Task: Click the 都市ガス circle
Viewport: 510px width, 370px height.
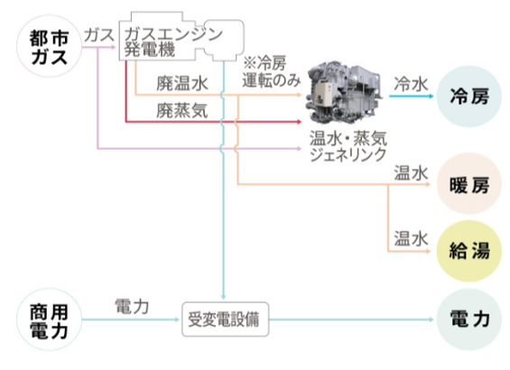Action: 49,46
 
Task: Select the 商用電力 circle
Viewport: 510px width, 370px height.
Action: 49,319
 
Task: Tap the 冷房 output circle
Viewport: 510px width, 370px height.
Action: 468,97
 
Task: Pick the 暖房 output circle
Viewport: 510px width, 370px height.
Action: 468,184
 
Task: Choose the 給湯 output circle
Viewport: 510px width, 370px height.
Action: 468,251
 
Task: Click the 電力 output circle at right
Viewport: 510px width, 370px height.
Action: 468,319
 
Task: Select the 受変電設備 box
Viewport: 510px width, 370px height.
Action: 225,319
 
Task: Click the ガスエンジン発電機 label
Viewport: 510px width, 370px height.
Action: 173,42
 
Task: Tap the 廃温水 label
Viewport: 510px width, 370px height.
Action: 182,84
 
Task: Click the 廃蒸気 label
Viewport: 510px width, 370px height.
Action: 182,111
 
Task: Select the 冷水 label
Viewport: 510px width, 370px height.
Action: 411,84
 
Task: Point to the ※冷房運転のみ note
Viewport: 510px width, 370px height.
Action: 272,72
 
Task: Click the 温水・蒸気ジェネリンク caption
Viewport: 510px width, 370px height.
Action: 348,146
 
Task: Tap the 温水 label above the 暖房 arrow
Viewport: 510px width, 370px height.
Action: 411,173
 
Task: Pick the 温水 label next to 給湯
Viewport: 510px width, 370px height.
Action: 411,238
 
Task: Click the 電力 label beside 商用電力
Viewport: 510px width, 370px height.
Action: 132,307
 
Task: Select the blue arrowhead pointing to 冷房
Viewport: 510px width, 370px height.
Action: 431,97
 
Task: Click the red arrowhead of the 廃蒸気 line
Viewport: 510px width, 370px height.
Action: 299,122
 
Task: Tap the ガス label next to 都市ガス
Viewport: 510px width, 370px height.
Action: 99,35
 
